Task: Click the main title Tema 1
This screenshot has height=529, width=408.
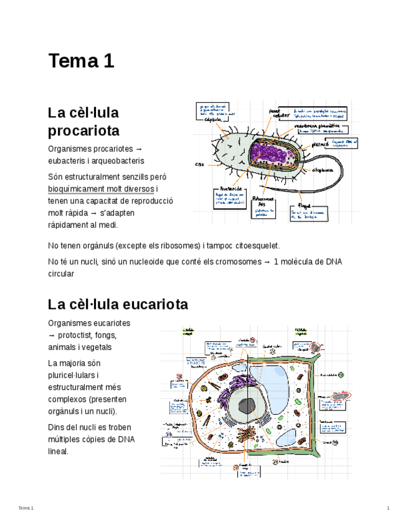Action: point(82,61)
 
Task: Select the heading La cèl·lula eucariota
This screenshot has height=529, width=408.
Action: point(118,304)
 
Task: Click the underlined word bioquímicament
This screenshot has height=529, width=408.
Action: point(78,189)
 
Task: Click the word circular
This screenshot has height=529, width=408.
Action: point(61,273)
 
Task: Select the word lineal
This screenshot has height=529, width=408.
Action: point(58,451)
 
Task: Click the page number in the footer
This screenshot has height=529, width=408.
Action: point(387,508)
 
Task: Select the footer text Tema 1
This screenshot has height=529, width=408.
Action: point(26,508)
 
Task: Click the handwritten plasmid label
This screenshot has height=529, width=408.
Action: point(320,143)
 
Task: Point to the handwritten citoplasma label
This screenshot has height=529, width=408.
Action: point(323,170)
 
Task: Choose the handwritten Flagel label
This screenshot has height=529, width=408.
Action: point(303,205)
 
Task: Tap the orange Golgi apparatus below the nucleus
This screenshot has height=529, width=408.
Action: point(248,436)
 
